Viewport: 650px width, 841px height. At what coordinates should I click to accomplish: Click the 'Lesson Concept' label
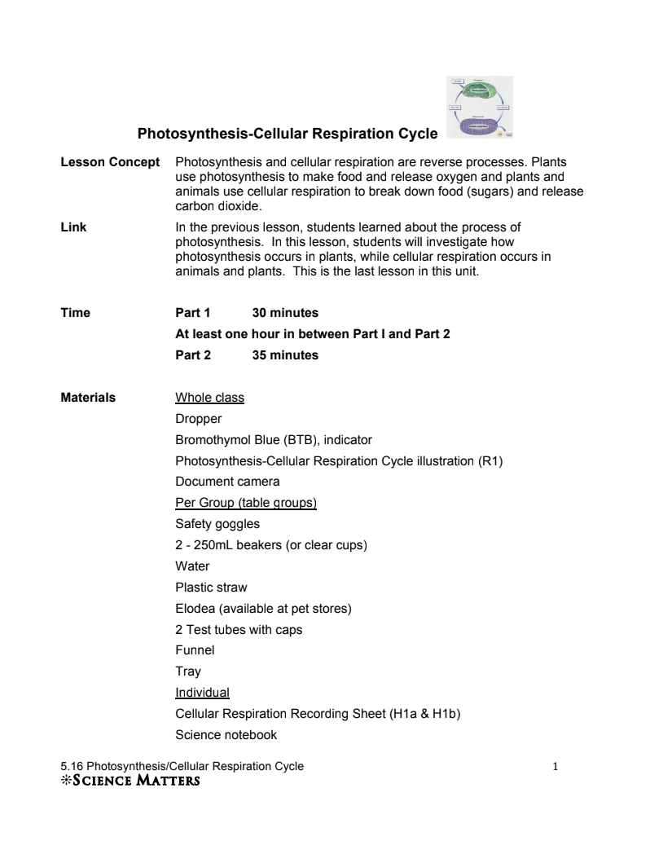click(x=110, y=162)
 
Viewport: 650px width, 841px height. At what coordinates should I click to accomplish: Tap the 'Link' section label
click(x=73, y=227)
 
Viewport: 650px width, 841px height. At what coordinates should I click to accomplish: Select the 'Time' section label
click(x=75, y=313)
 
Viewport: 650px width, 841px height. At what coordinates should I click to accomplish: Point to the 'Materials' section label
click(x=88, y=398)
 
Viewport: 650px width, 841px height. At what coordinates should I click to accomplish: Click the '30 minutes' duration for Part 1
click(x=285, y=313)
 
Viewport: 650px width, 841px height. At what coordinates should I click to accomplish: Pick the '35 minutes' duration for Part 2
click(x=285, y=355)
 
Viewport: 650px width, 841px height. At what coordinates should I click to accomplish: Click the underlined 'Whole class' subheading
click(x=209, y=398)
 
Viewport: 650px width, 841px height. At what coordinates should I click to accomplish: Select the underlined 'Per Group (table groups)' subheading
click(x=246, y=503)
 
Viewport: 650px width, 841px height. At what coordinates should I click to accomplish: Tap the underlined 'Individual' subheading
click(x=202, y=693)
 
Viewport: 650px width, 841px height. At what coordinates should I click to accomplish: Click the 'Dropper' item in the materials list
click(x=199, y=419)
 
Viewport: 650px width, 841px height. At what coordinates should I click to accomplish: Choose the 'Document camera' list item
click(x=227, y=482)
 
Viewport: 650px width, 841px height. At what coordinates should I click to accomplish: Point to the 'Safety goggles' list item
click(x=217, y=524)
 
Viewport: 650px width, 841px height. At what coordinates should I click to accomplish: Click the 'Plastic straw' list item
click(x=211, y=588)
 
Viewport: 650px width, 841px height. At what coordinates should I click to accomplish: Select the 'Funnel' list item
click(x=195, y=650)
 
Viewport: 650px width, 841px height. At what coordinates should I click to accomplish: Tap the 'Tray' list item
click(x=188, y=671)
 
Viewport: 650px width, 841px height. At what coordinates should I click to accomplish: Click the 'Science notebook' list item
click(x=226, y=735)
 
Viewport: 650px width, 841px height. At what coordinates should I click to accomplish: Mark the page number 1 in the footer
click(x=555, y=766)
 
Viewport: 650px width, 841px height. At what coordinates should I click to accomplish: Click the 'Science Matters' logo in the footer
click(x=130, y=781)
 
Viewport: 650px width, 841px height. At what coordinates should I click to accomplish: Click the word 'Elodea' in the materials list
click(x=195, y=609)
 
